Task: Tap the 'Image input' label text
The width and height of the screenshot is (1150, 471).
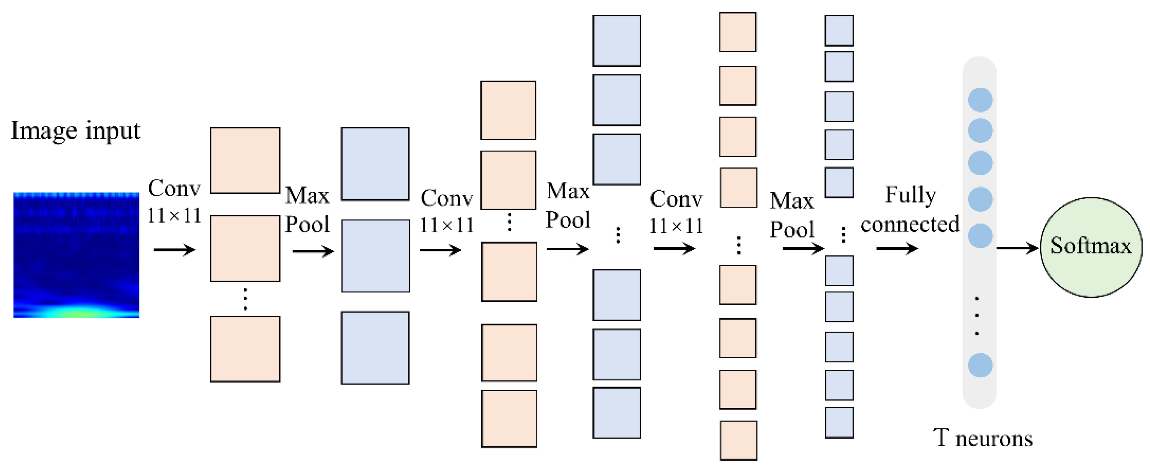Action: pyautogui.click(x=76, y=131)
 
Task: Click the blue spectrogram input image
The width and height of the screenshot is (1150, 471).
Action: pyautogui.click(x=76, y=255)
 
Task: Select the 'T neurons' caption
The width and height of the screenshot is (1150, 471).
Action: pyautogui.click(x=983, y=438)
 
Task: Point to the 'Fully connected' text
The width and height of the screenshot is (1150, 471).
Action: pyautogui.click(x=910, y=209)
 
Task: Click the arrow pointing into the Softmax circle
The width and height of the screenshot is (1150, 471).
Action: pyautogui.click(x=1017, y=248)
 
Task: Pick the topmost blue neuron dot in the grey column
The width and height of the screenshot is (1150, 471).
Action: pyautogui.click(x=980, y=100)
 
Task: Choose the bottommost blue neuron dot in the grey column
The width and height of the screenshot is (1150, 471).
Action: pyautogui.click(x=980, y=365)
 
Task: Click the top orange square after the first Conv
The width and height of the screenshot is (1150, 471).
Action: pyautogui.click(x=245, y=161)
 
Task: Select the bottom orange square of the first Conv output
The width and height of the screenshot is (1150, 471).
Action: pyautogui.click(x=245, y=349)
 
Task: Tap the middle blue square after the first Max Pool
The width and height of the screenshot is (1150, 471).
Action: pyautogui.click(x=375, y=256)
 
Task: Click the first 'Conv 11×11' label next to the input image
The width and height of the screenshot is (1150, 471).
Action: pyautogui.click(x=174, y=201)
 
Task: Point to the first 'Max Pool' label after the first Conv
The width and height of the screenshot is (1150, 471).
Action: pyautogui.click(x=307, y=209)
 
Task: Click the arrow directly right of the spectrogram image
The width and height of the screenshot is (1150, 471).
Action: pyautogui.click(x=174, y=250)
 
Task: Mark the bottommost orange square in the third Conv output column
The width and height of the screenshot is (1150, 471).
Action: pyautogui.click(x=739, y=440)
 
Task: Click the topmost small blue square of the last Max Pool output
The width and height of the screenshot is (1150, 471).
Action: pyautogui.click(x=839, y=30)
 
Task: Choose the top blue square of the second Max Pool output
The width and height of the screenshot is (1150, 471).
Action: pyautogui.click(x=617, y=40)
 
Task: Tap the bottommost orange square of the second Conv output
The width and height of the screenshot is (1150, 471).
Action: pyautogui.click(x=509, y=419)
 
